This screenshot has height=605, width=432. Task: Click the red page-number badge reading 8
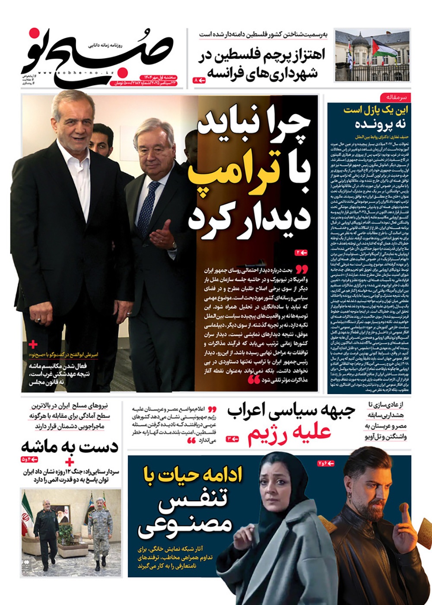pyautogui.click(x=199, y=80)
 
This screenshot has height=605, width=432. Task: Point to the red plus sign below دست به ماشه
pyautogui.click(x=69, y=462)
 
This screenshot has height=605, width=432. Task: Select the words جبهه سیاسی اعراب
pyautogui.click(x=291, y=412)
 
